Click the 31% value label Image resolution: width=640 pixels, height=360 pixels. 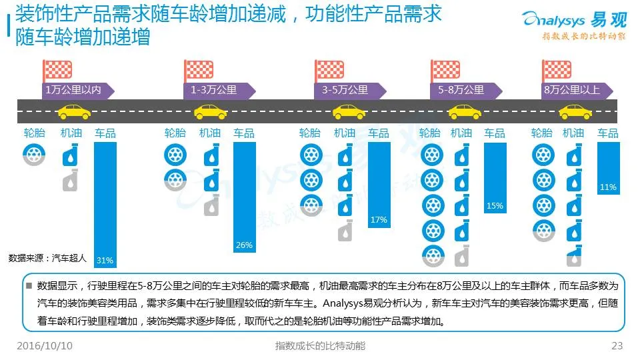click(x=105, y=260)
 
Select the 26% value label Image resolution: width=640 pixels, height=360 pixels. click(x=244, y=245)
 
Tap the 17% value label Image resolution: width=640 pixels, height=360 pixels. click(x=379, y=220)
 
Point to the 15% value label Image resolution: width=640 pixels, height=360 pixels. click(x=495, y=206)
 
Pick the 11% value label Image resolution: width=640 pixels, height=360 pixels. click(x=608, y=187)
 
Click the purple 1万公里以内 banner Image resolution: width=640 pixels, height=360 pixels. click(x=75, y=91)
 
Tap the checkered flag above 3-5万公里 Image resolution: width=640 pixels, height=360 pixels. click(x=329, y=69)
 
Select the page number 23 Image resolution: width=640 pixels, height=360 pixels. click(x=617, y=346)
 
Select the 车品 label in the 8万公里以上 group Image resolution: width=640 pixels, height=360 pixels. click(x=608, y=133)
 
